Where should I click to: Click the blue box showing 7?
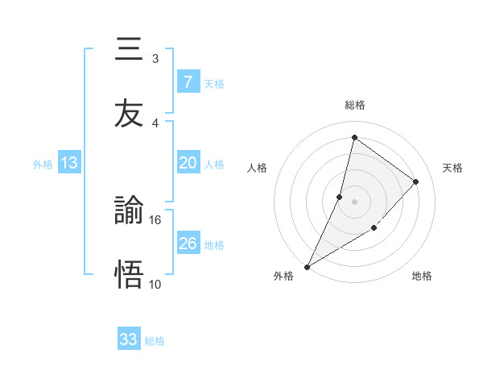(188, 82)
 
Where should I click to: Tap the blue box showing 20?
(188, 163)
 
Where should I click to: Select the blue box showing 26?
(188, 244)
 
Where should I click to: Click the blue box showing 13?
(69, 163)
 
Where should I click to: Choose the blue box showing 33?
(129, 339)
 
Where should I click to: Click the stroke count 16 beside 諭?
(155, 219)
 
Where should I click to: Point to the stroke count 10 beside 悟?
(155, 284)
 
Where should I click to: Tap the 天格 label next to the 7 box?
(214, 83)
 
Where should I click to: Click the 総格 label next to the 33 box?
(155, 341)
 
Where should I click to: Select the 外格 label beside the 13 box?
(43, 164)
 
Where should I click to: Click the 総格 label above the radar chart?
(355, 105)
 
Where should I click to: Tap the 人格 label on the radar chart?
(257, 168)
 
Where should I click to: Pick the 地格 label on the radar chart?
(422, 276)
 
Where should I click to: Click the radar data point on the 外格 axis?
(307, 266)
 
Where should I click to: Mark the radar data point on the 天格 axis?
(416, 181)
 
